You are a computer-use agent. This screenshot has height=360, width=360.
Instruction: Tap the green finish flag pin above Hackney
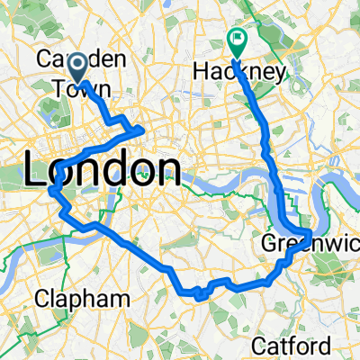[238, 40]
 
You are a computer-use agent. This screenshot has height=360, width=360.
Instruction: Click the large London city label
[101, 169]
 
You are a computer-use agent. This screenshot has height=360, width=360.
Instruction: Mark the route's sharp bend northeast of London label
[143, 131]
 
